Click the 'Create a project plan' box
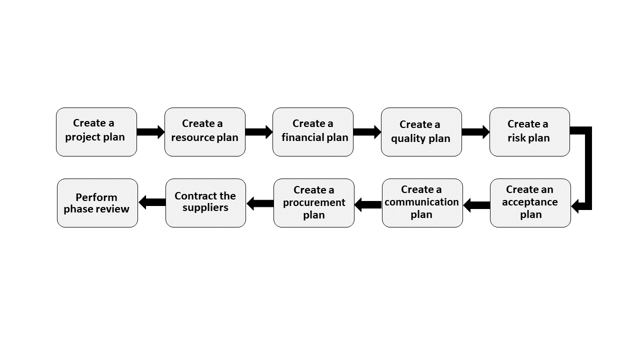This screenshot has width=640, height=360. coord(96,132)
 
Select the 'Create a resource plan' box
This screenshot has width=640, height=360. coord(205,132)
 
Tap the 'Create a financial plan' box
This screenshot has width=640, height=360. coord(313,132)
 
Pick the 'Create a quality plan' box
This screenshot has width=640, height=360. coord(421,132)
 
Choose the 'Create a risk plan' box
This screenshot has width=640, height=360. coord(529,132)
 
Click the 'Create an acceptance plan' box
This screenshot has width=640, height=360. coord(530,203)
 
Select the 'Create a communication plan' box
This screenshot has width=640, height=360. coord(422,203)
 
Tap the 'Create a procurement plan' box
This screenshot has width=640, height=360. coord(314,203)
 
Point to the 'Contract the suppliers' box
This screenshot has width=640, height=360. coord(205,203)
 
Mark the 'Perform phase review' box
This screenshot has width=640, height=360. coord(97,203)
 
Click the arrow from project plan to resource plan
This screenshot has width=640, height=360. coord(150,132)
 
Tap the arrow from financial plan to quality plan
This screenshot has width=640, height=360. coord(367,132)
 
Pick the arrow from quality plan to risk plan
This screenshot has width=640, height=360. coord(475,132)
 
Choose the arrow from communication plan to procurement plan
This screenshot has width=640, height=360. coord(368,204)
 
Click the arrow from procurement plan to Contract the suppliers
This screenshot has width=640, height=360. coord(260,203)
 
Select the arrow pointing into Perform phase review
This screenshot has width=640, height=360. coord(152,202)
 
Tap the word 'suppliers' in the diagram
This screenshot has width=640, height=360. coord(205,208)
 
